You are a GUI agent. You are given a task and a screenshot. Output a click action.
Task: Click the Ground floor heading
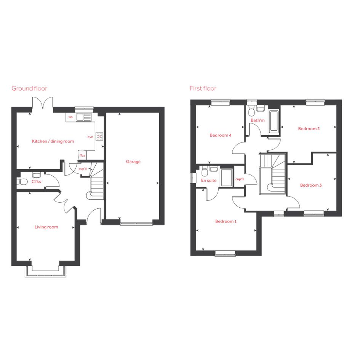point(29,88)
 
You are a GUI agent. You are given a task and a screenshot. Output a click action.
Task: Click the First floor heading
point(203,88)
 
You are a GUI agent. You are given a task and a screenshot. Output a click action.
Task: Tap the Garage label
point(133,162)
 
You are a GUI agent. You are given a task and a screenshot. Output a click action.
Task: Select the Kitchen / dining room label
point(53,141)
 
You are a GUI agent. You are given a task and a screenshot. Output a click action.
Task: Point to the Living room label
point(46,227)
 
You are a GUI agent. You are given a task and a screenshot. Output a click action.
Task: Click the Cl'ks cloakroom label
point(36,182)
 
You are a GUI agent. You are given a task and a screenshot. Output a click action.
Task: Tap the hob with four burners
point(99,136)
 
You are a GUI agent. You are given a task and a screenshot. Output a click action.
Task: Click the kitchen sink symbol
point(84,118)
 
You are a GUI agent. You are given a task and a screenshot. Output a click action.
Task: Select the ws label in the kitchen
point(70,117)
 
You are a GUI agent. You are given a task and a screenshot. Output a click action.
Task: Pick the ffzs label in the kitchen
point(82,155)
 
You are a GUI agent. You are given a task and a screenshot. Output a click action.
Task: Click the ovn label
point(90,137)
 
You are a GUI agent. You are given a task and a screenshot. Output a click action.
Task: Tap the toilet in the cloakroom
point(22,182)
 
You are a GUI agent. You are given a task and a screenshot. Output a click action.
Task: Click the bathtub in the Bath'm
point(274,121)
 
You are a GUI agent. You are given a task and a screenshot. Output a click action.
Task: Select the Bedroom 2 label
point(309,129)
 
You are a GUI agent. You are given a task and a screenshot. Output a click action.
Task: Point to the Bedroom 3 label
point(311,185)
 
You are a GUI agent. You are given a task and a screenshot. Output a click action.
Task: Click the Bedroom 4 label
point(221,136)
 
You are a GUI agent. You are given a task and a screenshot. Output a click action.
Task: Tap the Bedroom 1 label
point(226,222)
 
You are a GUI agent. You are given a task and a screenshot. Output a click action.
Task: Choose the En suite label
point(209,181)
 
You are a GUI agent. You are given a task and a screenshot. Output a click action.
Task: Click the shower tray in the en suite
point(226,178)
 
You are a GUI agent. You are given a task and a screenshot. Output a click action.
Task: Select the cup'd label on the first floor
point(240,179)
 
